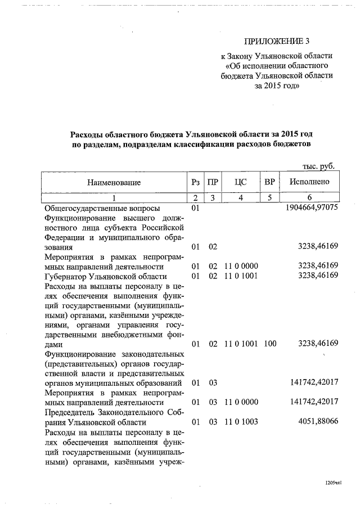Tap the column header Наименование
click(x=114, y=182)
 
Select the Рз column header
click(x=196, y=182)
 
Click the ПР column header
click(x=213, y=182)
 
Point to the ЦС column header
click(x=241, y=182)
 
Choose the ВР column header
click(x=269, y=182)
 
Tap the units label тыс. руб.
click(x=319, y=166)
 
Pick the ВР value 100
click(x=269, y=343)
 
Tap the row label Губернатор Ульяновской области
click(x=105, y=276)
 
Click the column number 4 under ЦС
click(x=241, y=197)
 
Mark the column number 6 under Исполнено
click(x=309, y=197)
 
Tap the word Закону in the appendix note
click(x=244, y=56)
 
